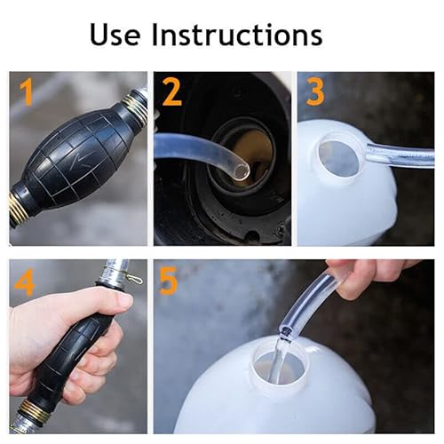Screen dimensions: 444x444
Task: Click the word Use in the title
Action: [x=115, y=35]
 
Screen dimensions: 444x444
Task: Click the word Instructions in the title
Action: [x=237, y=35]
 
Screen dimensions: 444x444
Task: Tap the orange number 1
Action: [x=28, y=92]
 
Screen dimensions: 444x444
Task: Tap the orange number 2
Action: [x=172, y=92]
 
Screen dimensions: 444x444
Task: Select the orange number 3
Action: [x=315, y=92]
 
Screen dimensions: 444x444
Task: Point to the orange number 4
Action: [x=25, y=281]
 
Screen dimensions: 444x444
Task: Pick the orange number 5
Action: [x=168, y=281]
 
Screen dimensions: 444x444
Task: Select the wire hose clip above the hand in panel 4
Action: [x=132, y=278]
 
